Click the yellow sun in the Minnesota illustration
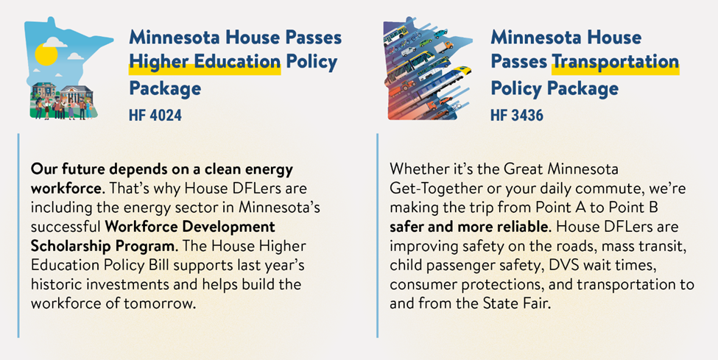point(46,54)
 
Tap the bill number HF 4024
point(155,115)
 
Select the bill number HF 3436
point(517,115)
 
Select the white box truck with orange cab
point(443,46)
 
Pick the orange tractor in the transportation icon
point(406,85)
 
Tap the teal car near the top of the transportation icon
point(440,33)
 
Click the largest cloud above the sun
point(54,42)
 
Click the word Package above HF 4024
point(165,88)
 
